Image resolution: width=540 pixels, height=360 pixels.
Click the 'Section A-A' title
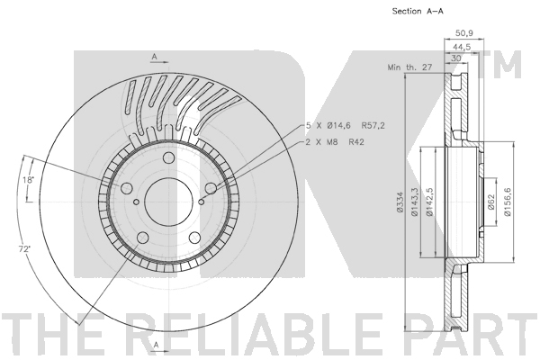pyautogui.click(x=418, y=11)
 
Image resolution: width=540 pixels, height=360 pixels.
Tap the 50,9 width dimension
pyautogui.click(x=464, y=33)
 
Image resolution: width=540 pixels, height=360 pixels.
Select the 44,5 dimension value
pyautogui.click(x=462, y=47)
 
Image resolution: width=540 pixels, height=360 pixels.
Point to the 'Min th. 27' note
pyautogui.click(x=409, y=67)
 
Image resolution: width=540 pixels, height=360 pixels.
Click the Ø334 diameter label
pyautogui.click(x=400, y=202)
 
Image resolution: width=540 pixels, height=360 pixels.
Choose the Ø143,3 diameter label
pyautogui.click(x=414, y=202)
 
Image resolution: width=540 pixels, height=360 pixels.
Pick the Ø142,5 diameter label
pyautogui.click(x=429, y=202)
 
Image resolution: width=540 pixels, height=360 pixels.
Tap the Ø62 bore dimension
pyautogui.click(x=491, y=202)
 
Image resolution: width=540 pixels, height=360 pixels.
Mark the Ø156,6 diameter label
pyautogui.click(x=508, y=202)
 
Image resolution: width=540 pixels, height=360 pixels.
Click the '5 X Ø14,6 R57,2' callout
pyautogui.click(x=346, y=126)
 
